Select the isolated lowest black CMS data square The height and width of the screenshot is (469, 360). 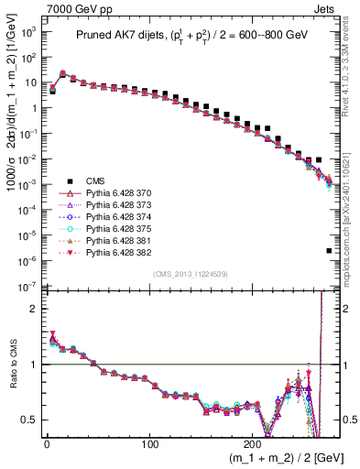click(x=329, y=250)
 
